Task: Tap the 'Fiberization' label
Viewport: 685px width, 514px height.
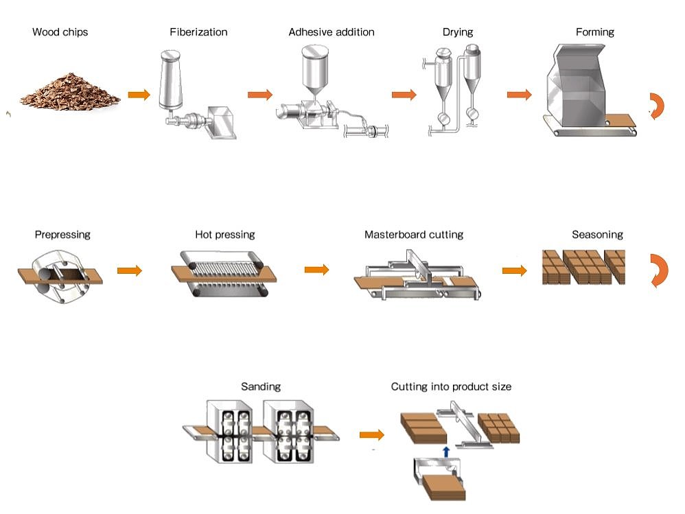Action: pos(198,32)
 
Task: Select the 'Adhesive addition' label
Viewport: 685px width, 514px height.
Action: pos(332,32)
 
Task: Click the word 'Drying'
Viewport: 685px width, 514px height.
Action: pos(458,32)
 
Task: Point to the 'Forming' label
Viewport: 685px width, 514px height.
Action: pos(594,32)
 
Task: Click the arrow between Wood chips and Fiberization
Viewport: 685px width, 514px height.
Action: pos(139,95)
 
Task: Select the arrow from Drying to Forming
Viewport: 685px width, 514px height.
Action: pos(520,95)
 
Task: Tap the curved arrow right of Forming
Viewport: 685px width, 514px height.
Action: pos(658,105)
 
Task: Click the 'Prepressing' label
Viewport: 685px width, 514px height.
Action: pos(62,235)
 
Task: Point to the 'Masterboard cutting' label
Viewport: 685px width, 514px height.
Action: pos(414,235)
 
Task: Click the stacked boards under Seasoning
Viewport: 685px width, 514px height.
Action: pos(583,267)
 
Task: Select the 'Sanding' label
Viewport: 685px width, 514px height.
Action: pos(260,387)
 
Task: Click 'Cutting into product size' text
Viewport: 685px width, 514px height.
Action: pos(451,387)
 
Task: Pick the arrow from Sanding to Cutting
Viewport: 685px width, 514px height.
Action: pos(371,435)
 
